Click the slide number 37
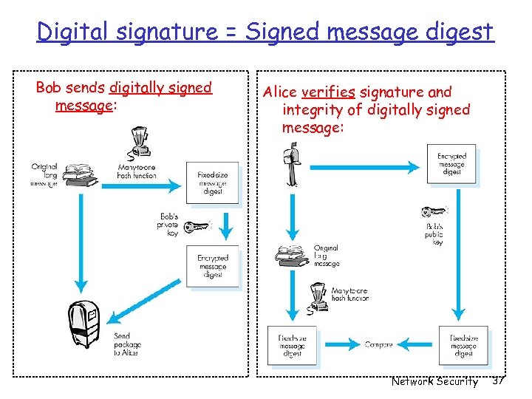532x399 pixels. coord(497,381)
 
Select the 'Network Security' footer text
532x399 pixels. coord(434,381)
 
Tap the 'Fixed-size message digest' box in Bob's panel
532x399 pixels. coord(212,183)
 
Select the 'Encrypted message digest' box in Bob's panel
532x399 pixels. coord(212,266)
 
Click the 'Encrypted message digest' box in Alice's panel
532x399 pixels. coord(451,164)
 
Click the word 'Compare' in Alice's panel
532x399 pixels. coord(378,344)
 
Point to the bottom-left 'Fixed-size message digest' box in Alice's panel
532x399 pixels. coord(292,345)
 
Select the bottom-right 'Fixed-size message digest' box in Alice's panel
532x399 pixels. coord(463,345)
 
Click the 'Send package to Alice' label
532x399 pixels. coord(126,345)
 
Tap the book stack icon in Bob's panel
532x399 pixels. coord(78,176)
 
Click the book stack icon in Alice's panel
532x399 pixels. coord(292,254)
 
